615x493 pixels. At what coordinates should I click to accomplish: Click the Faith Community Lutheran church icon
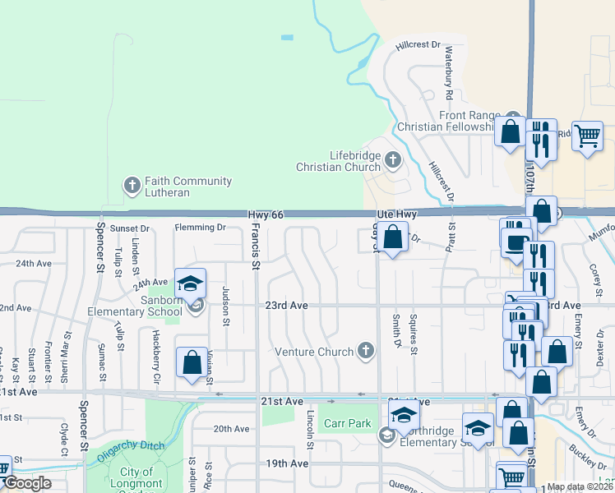click(132, 186)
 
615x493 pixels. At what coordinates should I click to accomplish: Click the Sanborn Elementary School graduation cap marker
click(191, 284)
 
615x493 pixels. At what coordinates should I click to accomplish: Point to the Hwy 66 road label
click(266, 214)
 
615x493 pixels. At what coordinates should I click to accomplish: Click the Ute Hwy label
click(398, 214)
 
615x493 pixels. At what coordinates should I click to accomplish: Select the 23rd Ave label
click(286, 306)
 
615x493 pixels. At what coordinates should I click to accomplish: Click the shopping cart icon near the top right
click(587, 137)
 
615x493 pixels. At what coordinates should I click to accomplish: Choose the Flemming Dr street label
click(200, 228)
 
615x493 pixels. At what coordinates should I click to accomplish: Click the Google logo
click(27, 484)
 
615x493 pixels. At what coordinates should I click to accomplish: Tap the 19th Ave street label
click(286, 463)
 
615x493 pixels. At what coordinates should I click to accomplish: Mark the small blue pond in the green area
click(286, 37)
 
